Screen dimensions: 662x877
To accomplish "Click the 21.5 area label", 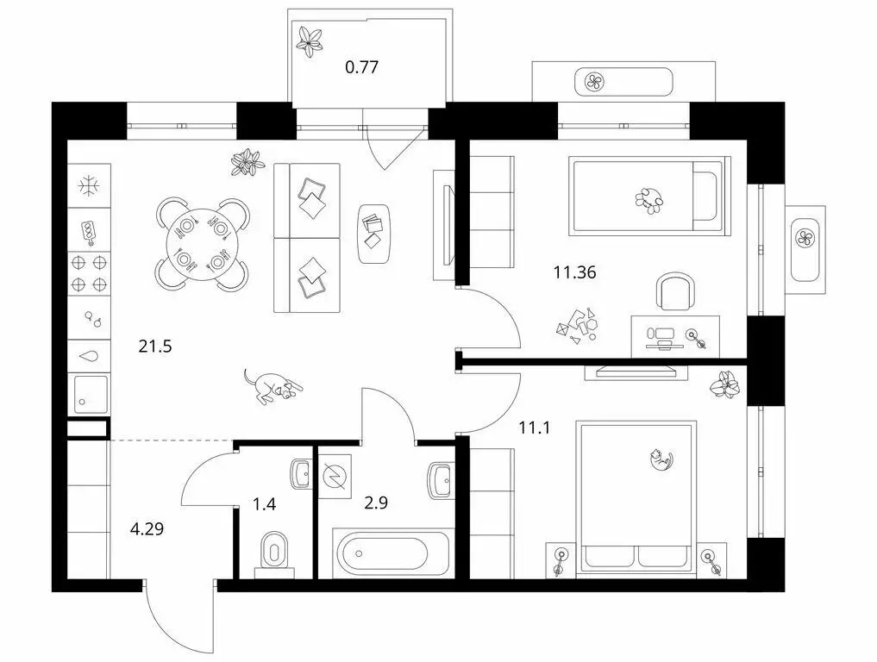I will coord(155,347).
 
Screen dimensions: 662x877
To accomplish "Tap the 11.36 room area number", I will coord(574,273).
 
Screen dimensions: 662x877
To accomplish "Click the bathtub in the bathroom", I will coord(392,553).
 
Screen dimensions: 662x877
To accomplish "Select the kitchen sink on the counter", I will coord(90,393).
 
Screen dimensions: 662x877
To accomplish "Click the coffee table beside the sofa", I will coord(373,232).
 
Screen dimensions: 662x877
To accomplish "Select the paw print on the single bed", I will coord(648,200).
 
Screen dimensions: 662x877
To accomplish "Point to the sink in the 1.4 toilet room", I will coord(300,473).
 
